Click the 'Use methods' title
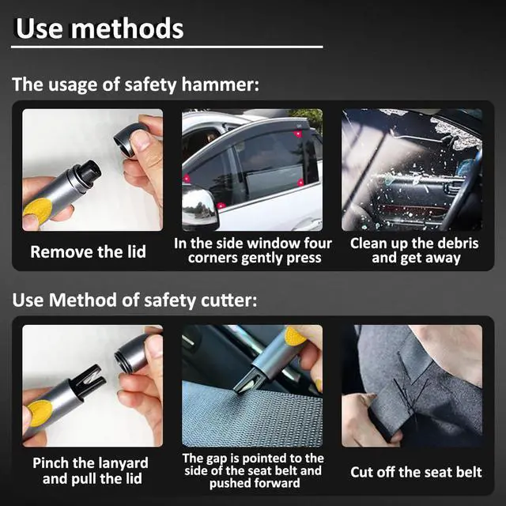99,29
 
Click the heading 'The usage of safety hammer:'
135,85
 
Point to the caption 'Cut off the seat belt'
416,472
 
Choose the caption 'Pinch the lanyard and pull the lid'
90,470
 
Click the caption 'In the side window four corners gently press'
253,251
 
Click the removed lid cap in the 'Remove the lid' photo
130,139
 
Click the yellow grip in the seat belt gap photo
295,337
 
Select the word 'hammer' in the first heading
224,85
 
